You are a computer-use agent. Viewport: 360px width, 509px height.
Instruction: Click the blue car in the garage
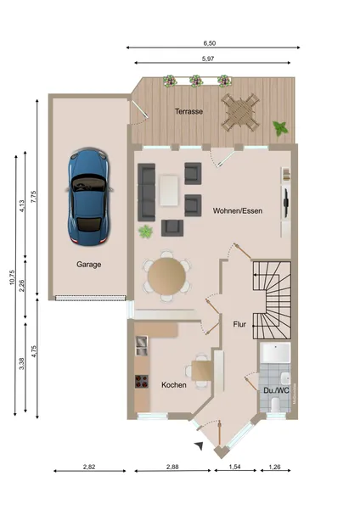click(x=89, y=197)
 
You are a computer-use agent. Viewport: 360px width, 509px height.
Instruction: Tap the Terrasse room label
click(x=188, y=111)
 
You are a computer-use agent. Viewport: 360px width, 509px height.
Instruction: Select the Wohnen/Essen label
click(x=238, y=210)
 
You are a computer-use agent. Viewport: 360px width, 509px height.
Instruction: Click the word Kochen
click(x=174, y=385)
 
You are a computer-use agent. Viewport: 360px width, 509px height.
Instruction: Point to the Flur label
click(x=239, y=324)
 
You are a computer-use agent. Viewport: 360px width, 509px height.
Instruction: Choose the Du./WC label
click(x=276, y=390)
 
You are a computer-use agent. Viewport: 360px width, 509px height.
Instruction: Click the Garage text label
click(x=88, y=265)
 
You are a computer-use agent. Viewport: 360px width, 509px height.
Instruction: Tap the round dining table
click(x=166, y=277)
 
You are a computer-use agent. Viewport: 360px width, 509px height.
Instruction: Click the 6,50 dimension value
click(x=210, y=43)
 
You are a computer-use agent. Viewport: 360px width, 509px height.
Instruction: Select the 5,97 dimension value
click(x=208, y=59)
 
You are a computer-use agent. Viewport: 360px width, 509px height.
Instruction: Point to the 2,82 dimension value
click(x=89, y=467)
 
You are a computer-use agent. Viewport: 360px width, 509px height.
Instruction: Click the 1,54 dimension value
click(x=234, y=467)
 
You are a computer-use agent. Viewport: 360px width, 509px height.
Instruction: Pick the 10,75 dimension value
click(x=13, y=277)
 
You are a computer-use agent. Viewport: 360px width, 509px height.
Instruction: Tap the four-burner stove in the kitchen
click(x=142, y=382)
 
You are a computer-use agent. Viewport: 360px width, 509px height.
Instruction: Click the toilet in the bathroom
click(x=275, y=406)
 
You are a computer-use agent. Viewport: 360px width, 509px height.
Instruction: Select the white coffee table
click(x=169, y=191)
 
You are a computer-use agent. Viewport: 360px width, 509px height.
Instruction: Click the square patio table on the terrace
click(x=240, y=112)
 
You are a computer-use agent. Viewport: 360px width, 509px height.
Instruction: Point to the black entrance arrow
click(x=200, y=445)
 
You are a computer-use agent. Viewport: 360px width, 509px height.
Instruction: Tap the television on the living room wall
click(x=285, y=203)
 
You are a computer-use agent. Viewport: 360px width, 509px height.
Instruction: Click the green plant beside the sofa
click(x=145, y=232)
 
